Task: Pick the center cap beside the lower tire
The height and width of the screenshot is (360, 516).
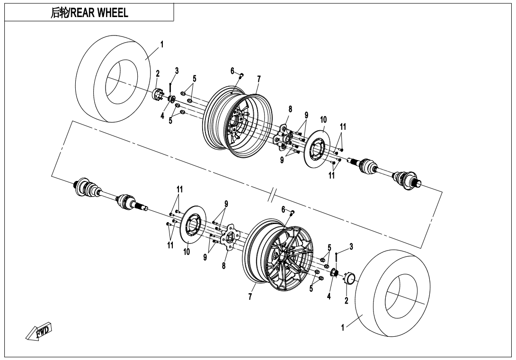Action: point(350,278)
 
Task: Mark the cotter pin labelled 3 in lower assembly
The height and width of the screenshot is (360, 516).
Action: point(336,258)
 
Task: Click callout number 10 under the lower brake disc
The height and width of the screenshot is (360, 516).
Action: point(187,252)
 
